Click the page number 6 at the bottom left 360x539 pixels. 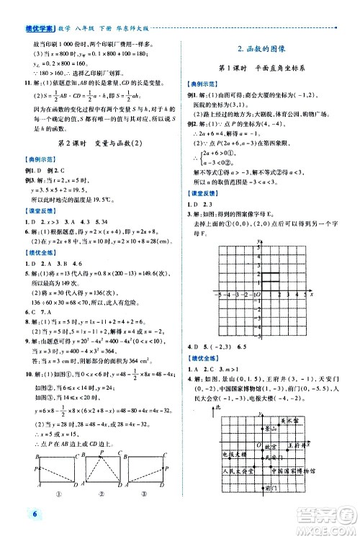pyautogui.click(x=14, y=513)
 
